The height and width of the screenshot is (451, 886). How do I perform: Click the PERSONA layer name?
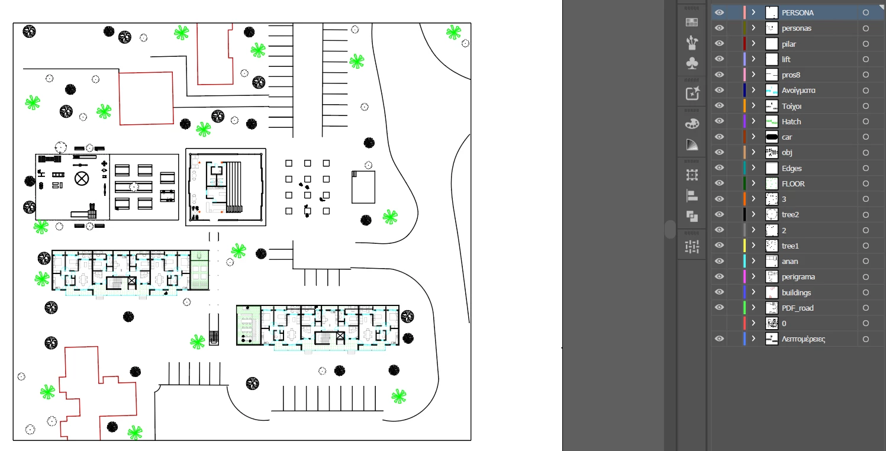[x=797, y=12]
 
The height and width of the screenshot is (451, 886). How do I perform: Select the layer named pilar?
[x=789, y=44]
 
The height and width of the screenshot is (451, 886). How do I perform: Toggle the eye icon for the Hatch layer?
[x=719, y=121]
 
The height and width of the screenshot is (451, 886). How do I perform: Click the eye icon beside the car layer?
[x=719, y=137]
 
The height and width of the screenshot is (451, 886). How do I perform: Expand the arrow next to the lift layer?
[x=753, y=59]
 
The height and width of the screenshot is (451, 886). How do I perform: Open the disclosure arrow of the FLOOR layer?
[x=753, y=183]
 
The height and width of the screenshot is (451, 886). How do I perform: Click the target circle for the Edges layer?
[x=866, y=168]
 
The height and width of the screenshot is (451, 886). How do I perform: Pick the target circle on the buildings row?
[x=866, y=292]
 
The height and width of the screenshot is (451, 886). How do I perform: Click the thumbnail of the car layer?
[x=772, y=137]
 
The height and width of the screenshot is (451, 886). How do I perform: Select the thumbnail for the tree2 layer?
[x=772, y=214]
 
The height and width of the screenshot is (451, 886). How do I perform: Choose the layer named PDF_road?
[x=797, y=308]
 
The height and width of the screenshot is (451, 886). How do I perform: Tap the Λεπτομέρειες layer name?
[x=803, y=339]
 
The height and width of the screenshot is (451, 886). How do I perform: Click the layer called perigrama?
[x=798, y=277]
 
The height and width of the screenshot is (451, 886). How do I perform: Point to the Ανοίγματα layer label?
[x=798, y=91]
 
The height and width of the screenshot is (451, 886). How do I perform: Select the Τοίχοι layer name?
[x=791, y=106]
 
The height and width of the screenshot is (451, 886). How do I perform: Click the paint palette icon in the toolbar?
[x=692, y=124]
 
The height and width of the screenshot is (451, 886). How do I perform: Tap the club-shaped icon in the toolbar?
[x=692, y=63]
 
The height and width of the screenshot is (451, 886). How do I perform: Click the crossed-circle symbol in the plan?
[x=82, y=179]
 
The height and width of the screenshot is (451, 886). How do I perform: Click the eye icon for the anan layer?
[x=719, y=261]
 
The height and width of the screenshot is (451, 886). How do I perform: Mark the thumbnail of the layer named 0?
[x=772, y=323]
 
